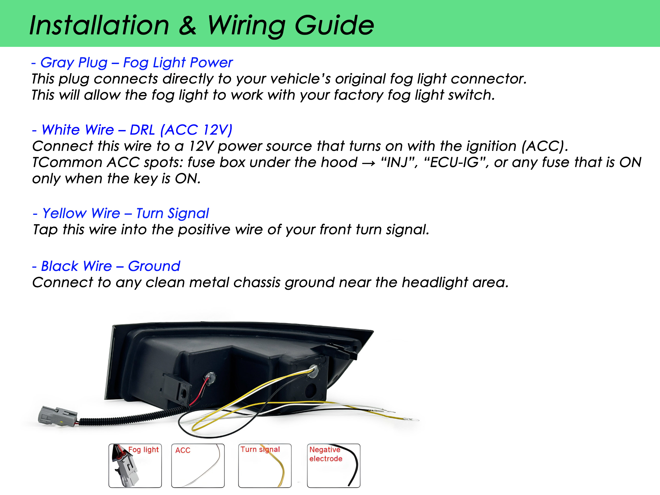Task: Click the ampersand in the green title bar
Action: pyautogui.click(x=187, y=25)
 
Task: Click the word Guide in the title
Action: pyautogui.click(x=334, y=25)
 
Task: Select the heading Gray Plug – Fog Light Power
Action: pyautogui.click(x=132, y=63)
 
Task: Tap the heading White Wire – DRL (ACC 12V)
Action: pyautogui.click(x=132, y=130)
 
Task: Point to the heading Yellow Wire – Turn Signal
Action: pyautogui.click(x=121, y=214)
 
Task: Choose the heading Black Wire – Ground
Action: pyautogui.click(x=106, y=266)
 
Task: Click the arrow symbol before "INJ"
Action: pyautogui.click(x=368, y=163)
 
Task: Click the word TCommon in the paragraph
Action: pyautogui.click(x=67, y=162)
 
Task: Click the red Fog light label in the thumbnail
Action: pyautogui.click(x=144, y=449)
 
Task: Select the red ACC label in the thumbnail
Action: pyautogui.click(x=183, y=450)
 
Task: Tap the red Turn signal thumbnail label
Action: pyautogui.click(x=260, y=449)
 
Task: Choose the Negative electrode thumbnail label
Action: pyautogui.click(x=326, y=454)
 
